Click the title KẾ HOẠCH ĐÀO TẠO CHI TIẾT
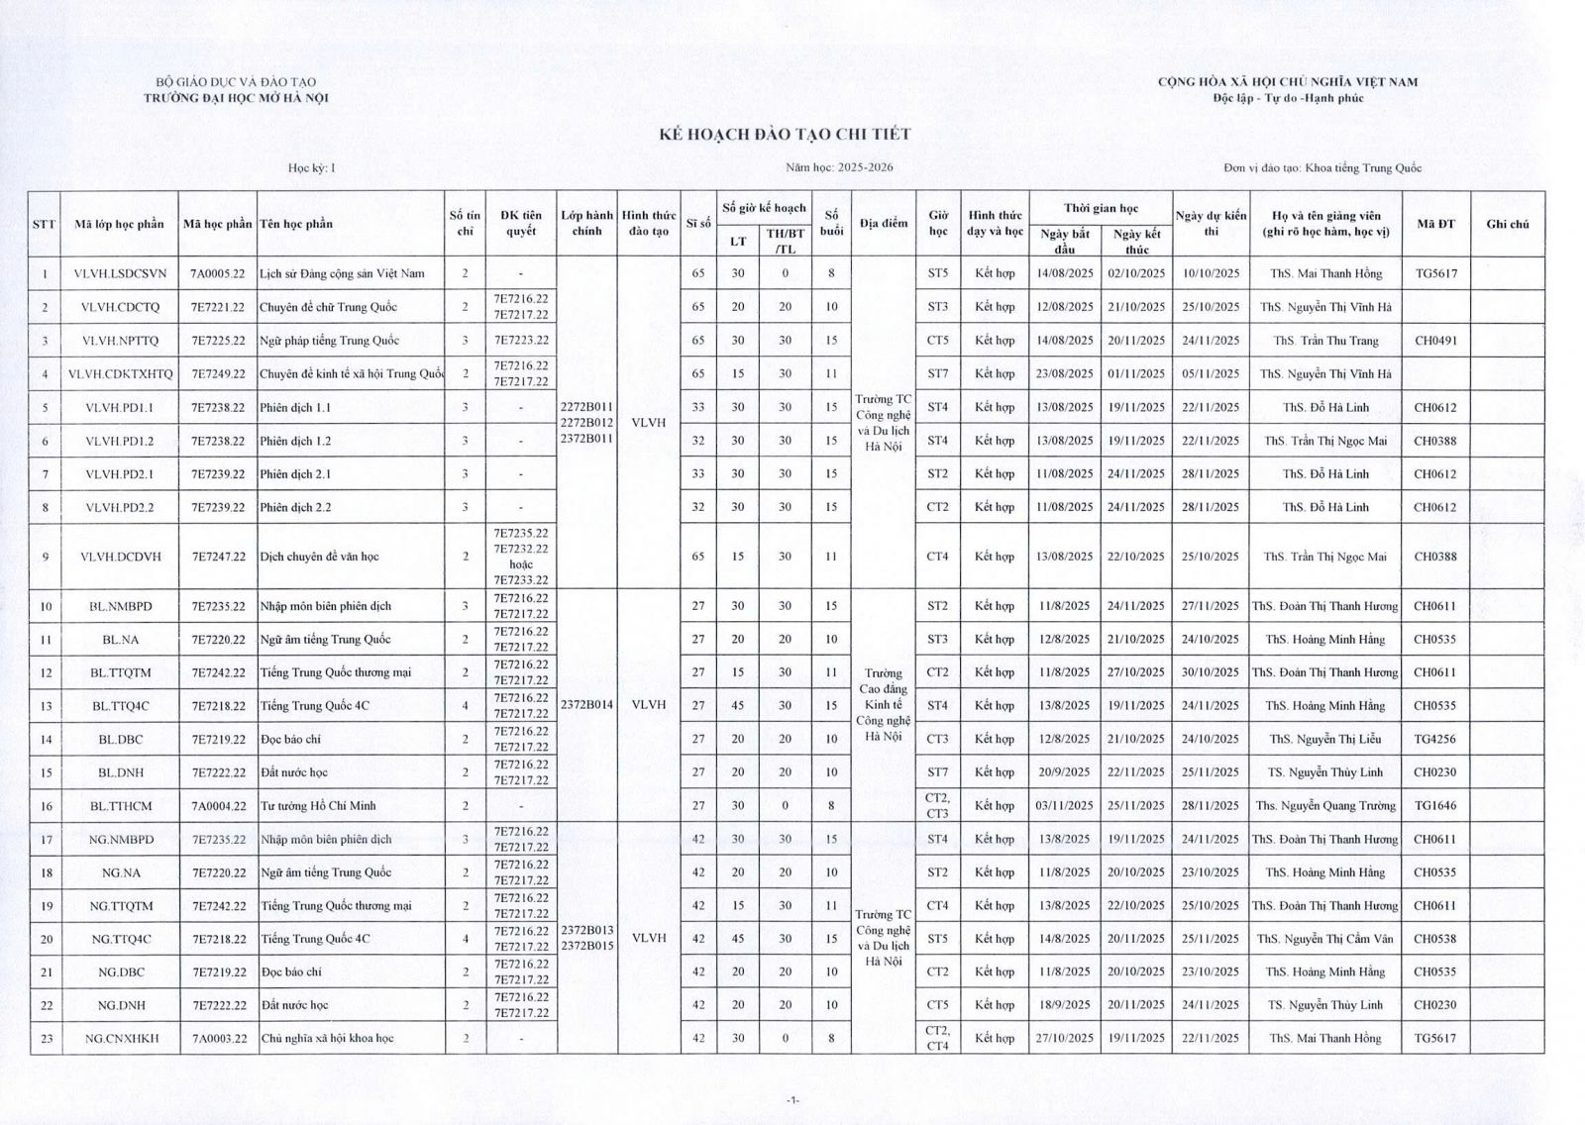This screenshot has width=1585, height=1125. pos(785,134)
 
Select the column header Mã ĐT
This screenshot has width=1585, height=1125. pos(1435,224)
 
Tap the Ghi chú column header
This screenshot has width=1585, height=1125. pos(1507,224)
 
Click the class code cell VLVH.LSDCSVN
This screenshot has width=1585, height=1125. pos(120,273)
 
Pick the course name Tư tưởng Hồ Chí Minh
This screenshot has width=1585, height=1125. pos(318,806)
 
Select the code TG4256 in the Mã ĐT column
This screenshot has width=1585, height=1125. pos(1435,739)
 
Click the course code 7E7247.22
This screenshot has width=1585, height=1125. pos(218,557)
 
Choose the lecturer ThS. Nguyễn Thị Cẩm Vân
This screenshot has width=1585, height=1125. pos(1325,939)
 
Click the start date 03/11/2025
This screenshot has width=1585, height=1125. pos(1065,806)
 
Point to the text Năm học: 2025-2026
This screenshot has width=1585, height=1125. pos(839,167)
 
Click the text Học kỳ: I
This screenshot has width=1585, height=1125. pos(312,167)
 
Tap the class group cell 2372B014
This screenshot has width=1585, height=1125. pos(586,705)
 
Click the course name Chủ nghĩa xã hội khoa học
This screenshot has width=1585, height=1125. pos(327,1039)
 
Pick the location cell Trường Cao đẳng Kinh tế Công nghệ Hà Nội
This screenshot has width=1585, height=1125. pos(883,705)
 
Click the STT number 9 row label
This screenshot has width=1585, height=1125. pos(46,557)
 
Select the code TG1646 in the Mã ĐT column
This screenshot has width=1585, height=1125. pos(1435,806)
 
